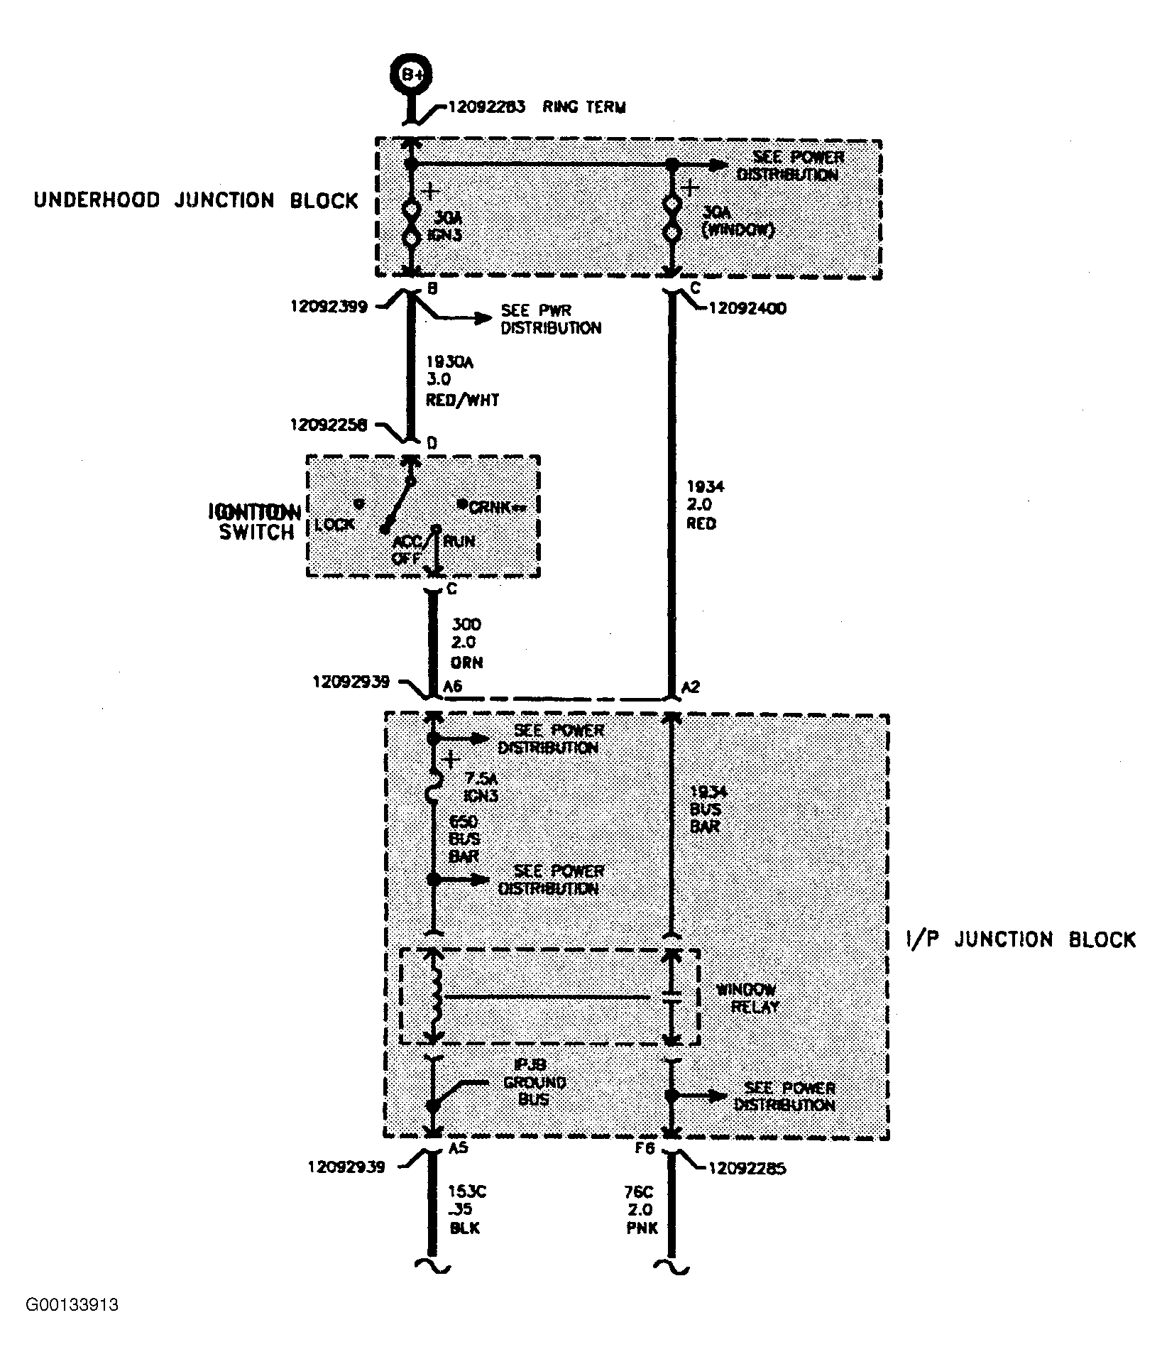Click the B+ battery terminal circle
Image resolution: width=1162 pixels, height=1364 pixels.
(411, 74)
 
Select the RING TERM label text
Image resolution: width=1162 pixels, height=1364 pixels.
(583, 108)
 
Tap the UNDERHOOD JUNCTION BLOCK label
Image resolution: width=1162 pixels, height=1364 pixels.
(196, 200)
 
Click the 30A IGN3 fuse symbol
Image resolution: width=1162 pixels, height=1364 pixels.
(411, 224)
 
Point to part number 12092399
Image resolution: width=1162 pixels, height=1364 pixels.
(329, 307)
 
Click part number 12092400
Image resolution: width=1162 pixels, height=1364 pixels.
(745, 309)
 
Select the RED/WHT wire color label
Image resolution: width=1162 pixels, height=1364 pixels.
(462, 400)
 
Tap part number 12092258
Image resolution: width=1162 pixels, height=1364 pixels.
(329, 425)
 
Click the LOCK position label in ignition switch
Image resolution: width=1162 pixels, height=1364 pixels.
(335, 524)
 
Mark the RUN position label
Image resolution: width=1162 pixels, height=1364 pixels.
(459, 541)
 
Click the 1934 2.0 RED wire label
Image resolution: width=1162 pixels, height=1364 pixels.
(701, 505)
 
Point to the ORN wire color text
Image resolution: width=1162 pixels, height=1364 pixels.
(466, 662)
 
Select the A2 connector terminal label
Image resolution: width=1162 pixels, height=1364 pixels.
(690, 687)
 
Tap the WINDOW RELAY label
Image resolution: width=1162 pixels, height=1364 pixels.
(745, 998)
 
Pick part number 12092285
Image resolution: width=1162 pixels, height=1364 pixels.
(747, 1168)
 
